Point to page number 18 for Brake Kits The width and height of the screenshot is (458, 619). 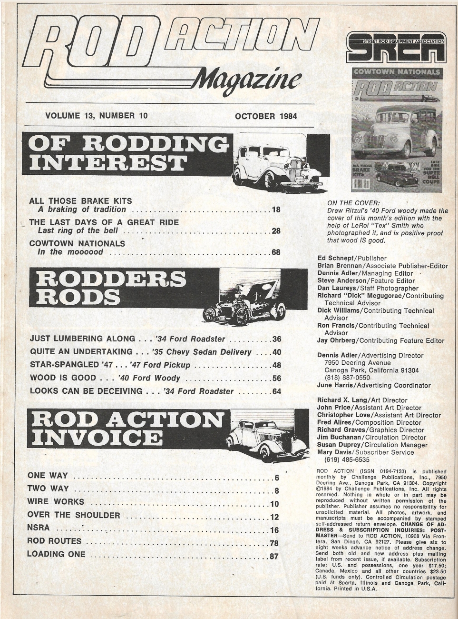click(x=275, y=210)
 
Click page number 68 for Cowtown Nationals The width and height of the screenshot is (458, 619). click(x=275, y=252)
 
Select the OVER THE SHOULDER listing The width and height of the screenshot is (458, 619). click(x=74, y=515)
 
